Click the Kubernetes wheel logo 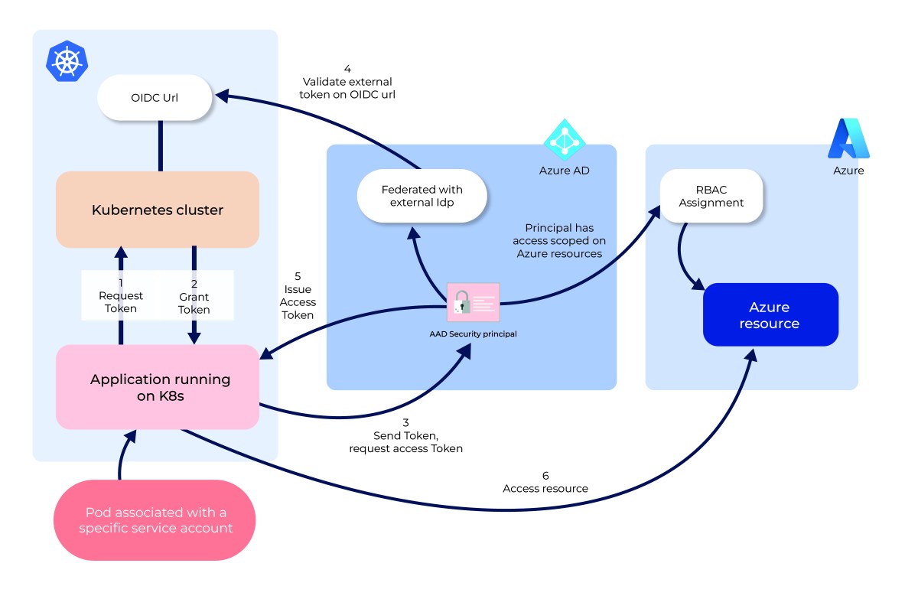pyautogui.click(x=67, y=61)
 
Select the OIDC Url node pyautogui.click(x=155, y=97)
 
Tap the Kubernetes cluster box pyautogui.click(x=158, y=210)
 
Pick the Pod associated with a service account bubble pyautogui.click(x=155, y=520)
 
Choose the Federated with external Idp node pyautogui.click(x=422, y=196)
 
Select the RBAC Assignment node pyautogui.click(x=711, y=196)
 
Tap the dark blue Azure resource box pyautogui.click(x=770, y=315)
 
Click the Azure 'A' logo pyautogui.click(x=848, y=138)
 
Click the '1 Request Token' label pyautogui.click(x=120, y=295)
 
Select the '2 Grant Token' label pyautogui.click(x=194, y=297)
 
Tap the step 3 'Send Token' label pyautogui.click(x=405, y=435)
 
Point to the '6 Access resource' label pyautogui.click(x=545, y=482)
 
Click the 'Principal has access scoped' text pyautogui.click(x=559, y=240)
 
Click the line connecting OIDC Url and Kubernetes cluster pyautogui.click(x=161, y=145)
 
